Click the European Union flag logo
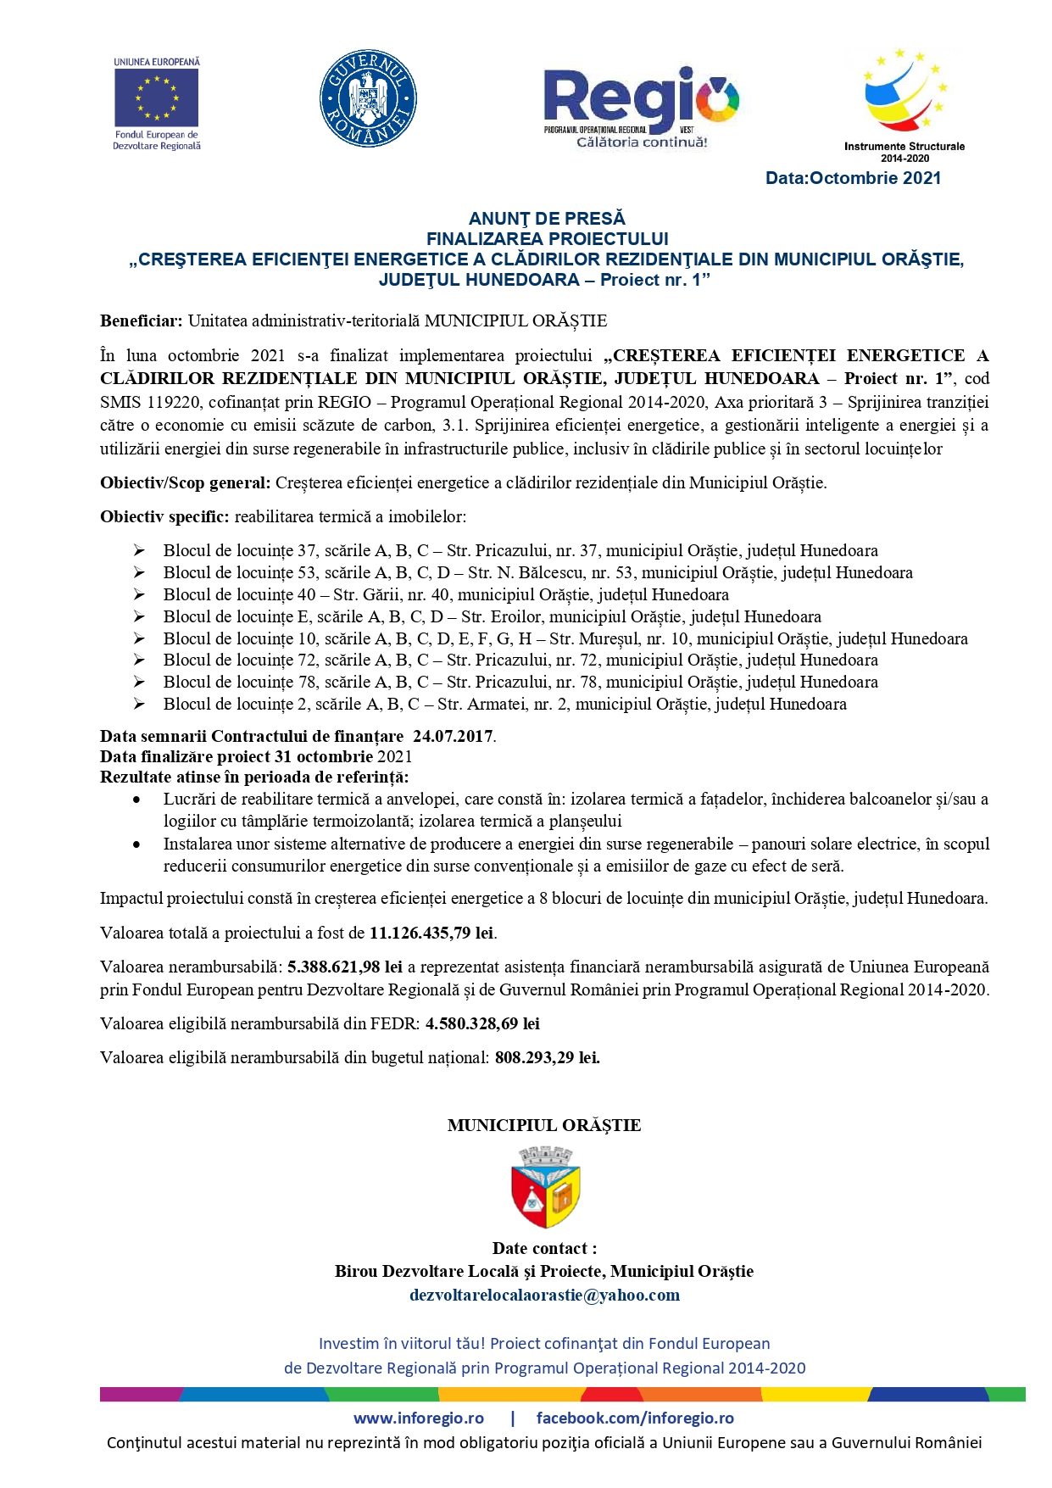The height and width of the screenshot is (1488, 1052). (156, 98)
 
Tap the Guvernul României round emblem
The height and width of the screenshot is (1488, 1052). (367, 98)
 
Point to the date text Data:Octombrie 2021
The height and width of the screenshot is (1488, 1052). (853, 178)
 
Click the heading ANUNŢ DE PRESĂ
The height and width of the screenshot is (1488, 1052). (547, 219)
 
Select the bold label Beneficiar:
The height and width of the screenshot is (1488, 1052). (141, 321)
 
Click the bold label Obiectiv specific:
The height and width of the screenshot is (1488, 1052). (164, 516)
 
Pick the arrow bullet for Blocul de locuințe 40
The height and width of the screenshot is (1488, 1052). (139, 595)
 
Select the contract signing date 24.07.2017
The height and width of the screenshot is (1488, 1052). (453, 736)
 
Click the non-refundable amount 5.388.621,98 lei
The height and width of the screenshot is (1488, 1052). (345, 967)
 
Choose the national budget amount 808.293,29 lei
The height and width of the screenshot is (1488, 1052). (547, 1058)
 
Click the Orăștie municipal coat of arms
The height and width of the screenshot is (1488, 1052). (546, 1187)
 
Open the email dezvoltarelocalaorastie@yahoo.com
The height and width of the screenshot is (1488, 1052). (544, 1296)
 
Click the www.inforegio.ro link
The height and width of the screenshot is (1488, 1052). (419, 1418)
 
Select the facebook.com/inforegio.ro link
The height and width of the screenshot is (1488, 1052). (635, 1418)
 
